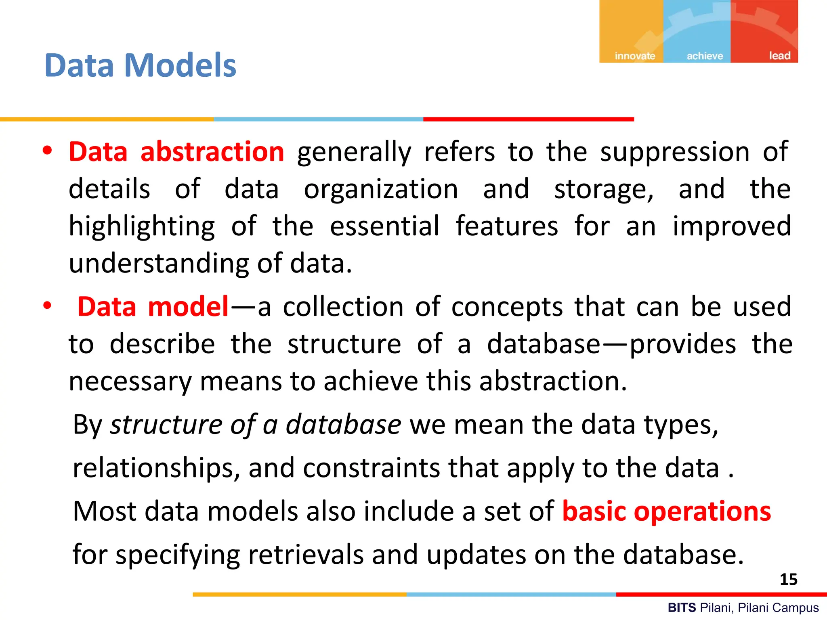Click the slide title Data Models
click(x=140, y=65)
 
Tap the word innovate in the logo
click(x=635, y=56)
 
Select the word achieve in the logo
click(x=705, y=56)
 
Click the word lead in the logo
click(x=779, y=55)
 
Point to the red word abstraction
click(x=212, y=152)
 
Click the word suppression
click(x=675, y=152)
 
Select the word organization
click(x=381, y=189)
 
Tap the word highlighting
click(x=142, y=226)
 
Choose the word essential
click(x=384, y=226)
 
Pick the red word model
click(x=189, y=307)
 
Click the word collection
click(x=343, y=307)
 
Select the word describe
click(x=162, y=344)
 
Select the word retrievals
click(x=306, y=555)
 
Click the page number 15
click(x=788, y=579)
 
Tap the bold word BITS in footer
click(x=682, y=607)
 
